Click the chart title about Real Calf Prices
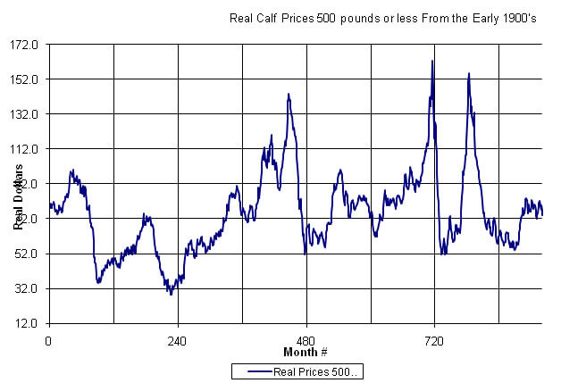382,17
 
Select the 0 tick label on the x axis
48,341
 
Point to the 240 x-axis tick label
177,341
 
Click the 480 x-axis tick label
306,341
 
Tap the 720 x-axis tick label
434,341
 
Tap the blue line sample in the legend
254,371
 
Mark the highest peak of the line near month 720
432,62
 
